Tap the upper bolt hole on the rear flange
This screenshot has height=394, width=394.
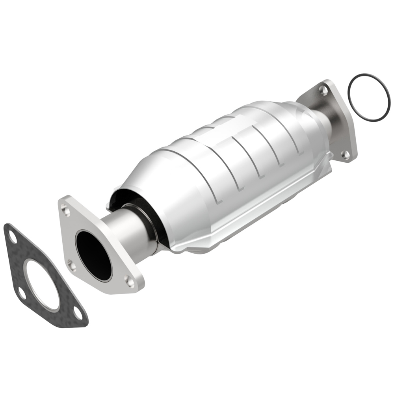(x=323, y=90)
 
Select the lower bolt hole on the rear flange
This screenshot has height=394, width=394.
(x=346, y=155)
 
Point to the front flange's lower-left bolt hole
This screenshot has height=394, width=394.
(x=71, y=265)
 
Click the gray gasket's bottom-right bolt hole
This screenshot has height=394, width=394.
(x=78, y=315)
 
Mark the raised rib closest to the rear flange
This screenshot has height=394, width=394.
(x=292, y=130)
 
